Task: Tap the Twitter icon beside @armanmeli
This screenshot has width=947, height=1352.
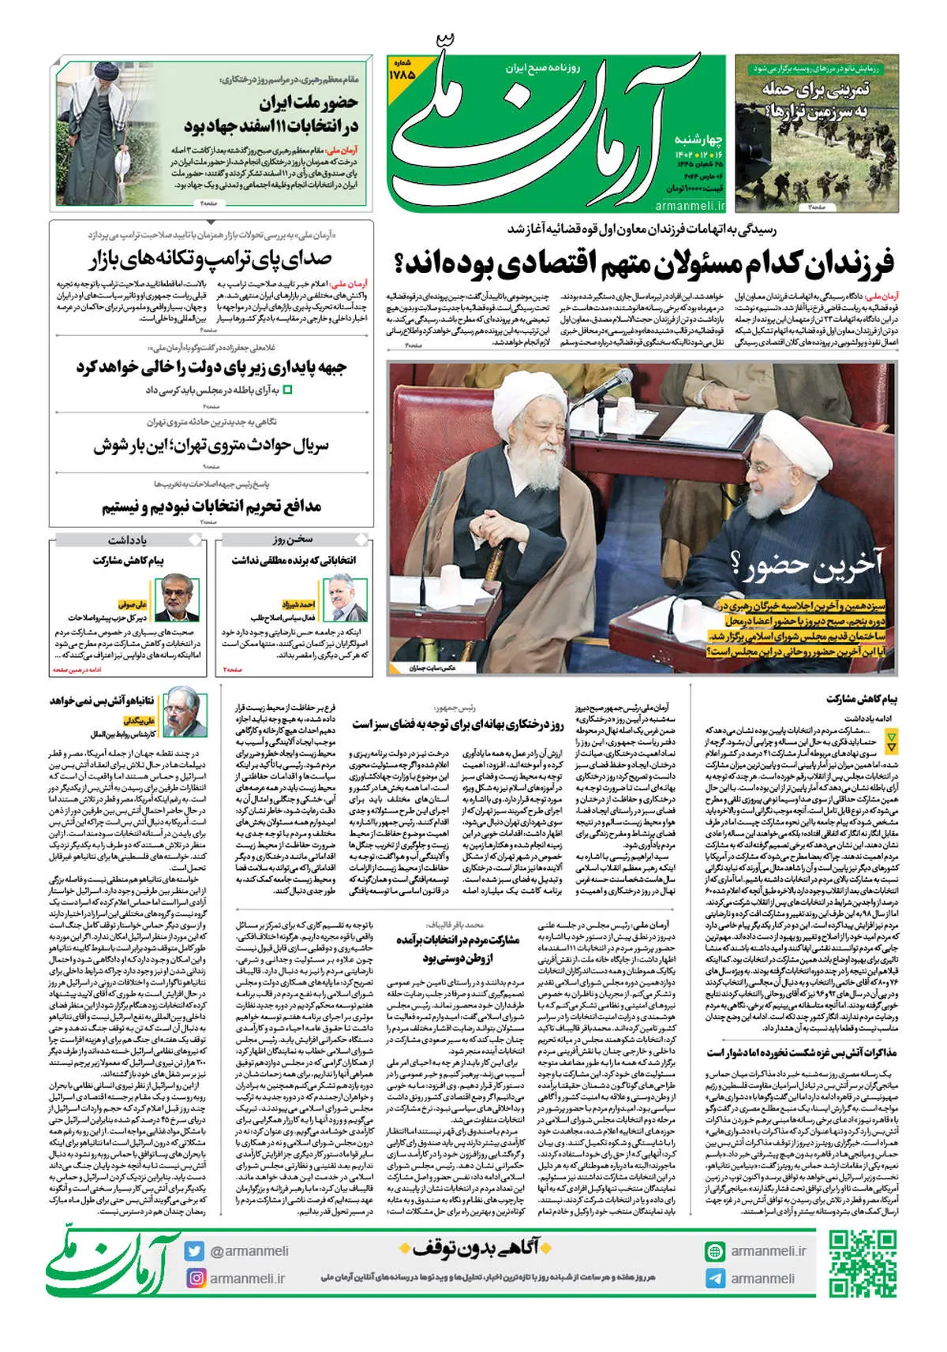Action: (195, 1251)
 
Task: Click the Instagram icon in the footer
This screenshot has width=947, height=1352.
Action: (195, 1277)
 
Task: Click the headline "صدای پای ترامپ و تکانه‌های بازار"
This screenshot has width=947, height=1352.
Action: (211, 259)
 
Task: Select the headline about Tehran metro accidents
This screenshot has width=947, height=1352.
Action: (211, 445)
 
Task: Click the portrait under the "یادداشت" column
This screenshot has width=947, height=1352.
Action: (177, 599)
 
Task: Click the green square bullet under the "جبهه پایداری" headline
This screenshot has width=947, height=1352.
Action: (287, 390)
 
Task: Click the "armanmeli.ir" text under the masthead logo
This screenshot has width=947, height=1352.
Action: (689, 205)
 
